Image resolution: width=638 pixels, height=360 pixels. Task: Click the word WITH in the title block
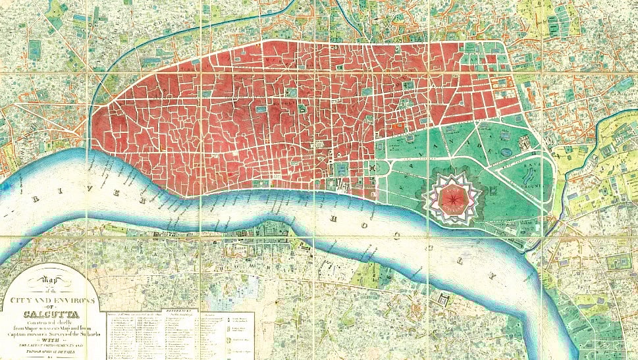click(x=50, y=339)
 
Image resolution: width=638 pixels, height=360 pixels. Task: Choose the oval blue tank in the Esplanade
click(x=506, y=153)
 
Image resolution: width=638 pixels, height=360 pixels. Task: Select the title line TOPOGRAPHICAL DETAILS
click(x=50, y=351)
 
